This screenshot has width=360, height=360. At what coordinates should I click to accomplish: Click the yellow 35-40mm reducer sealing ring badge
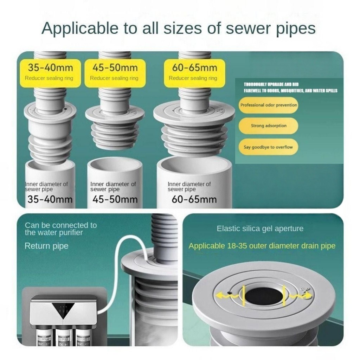50,73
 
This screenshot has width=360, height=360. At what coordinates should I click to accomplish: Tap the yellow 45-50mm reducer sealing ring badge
115,73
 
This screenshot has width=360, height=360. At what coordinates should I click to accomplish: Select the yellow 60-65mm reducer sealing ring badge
194,73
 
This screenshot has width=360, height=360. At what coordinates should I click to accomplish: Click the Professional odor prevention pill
268,105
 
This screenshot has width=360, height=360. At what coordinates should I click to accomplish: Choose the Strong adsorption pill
268,126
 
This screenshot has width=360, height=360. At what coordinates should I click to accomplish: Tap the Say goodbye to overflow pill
268,147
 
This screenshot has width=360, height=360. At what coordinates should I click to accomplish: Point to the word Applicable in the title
80,28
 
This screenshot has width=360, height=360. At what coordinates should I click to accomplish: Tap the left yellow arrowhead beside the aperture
220,295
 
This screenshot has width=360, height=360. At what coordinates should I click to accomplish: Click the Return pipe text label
46,246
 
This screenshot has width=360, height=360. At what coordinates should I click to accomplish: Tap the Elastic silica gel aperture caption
260,229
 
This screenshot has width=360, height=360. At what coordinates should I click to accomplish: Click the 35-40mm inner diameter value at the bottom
50,199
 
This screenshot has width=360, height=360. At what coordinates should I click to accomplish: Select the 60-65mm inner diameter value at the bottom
194,199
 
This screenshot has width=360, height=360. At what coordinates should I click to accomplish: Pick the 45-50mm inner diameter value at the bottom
115,199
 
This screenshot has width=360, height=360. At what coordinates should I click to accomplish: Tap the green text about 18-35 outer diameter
262,246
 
